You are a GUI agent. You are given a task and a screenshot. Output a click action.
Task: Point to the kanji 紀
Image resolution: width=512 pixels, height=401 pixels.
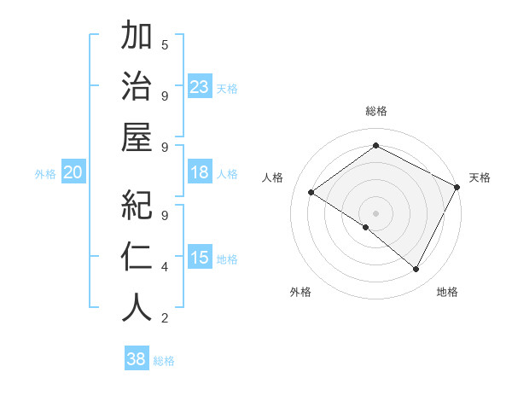pos(137,205)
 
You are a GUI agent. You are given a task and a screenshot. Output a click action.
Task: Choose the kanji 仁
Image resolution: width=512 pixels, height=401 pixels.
pos(137,256)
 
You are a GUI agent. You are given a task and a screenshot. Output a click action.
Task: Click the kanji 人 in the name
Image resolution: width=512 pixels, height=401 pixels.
pos(137,308)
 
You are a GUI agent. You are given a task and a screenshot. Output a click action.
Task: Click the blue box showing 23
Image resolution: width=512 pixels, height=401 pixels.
pos(200,87)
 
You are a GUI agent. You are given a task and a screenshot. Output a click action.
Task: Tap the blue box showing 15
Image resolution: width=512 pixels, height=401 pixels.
pos(200,259)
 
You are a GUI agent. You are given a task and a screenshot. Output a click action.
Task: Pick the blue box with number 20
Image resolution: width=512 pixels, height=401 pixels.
pos(73,173)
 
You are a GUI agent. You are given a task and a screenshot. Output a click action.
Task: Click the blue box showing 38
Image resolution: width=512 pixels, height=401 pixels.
pos(136,359)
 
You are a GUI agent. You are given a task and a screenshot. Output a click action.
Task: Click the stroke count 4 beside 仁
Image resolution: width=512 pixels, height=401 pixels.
pos(165,267)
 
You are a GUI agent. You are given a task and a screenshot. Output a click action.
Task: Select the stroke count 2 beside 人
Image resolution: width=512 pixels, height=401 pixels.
pos(165,318)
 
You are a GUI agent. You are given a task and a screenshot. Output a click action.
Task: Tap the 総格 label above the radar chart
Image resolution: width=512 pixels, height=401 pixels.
pos(375,111)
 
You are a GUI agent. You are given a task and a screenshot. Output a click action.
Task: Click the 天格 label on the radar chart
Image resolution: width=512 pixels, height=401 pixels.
pos(480,177)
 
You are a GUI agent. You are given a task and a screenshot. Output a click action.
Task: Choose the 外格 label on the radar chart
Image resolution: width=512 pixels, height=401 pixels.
pos(300,292)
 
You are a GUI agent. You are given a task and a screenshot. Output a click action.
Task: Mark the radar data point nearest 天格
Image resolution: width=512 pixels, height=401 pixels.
pos(457,187)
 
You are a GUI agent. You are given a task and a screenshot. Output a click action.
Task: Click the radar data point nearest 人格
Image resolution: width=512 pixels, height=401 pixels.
pos(311,193)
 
